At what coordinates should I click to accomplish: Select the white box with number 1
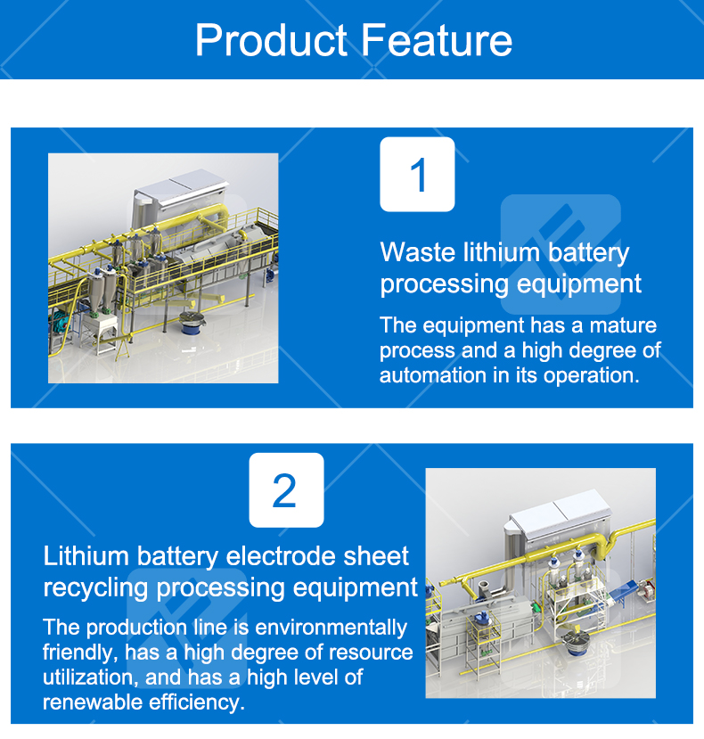tap(417, 175)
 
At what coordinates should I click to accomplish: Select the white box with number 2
tap(285, 490)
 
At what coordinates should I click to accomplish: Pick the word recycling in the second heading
tap(96, 587)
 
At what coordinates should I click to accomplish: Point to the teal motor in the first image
tap(61, 319)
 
